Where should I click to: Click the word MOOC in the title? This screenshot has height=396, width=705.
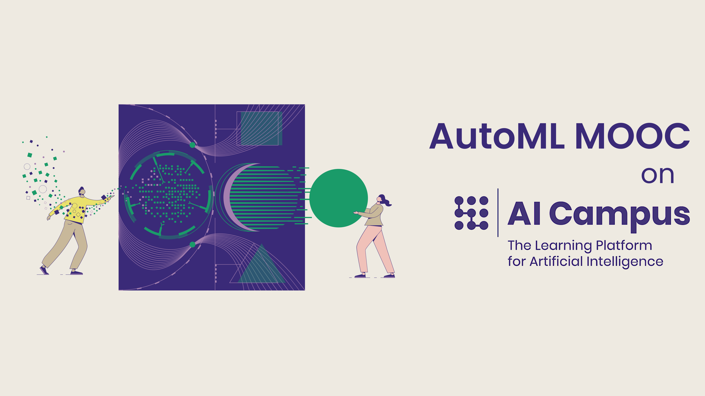[x=632, y=136]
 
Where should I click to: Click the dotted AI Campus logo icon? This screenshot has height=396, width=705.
[x=471, y=213]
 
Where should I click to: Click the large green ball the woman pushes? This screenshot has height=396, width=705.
[x=338, y=198]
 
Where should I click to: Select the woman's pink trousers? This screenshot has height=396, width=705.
[x=375, y=249]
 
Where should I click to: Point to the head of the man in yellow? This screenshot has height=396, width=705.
[x=82, y=191]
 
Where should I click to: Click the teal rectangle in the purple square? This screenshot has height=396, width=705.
[x=261, y=128]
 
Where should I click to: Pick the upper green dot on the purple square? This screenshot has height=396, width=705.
[x=192, y=145]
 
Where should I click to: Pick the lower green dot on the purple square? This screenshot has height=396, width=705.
[x=192, y=244]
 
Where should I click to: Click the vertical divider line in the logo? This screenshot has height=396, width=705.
[x=498, y=213]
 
